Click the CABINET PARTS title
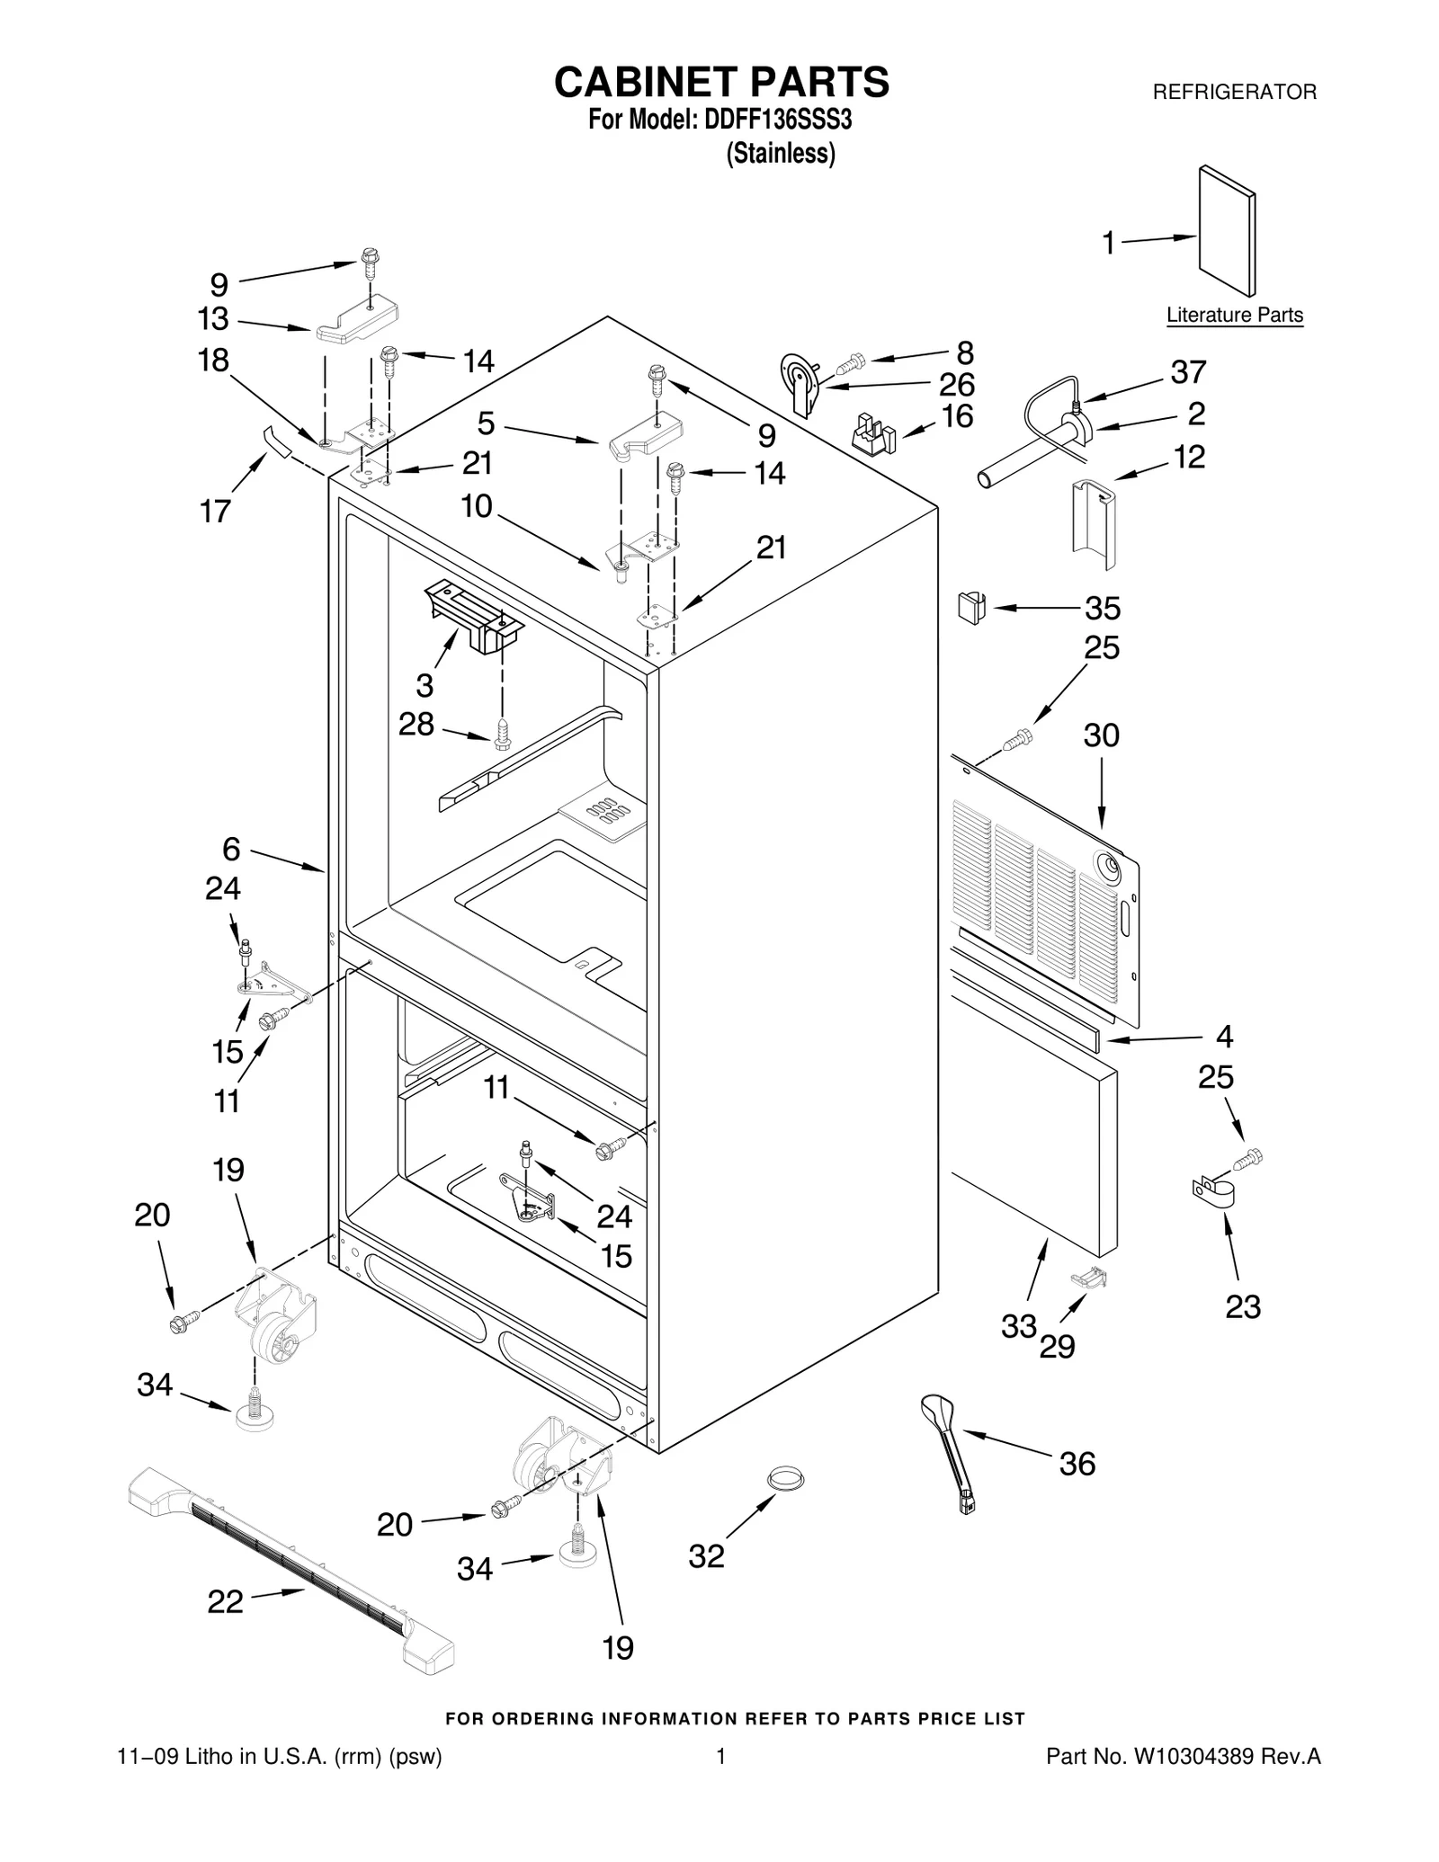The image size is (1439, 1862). tap(720, 82)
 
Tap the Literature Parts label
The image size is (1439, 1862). tap(1234, 316)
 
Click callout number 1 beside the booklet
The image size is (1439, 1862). tap(1109, 243)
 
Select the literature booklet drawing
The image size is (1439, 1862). tap(1227, 231)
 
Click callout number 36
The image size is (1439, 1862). tap(1077, 1464)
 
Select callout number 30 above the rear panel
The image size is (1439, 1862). tap(1101, 735)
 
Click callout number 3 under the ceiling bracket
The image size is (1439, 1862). tap(425, 685)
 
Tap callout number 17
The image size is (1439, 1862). tap(215, 512)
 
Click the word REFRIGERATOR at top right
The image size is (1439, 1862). tap(1234, 92)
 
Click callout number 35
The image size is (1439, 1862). tap(1102, 609)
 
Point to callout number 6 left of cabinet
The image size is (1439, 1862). tap(231, 848)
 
